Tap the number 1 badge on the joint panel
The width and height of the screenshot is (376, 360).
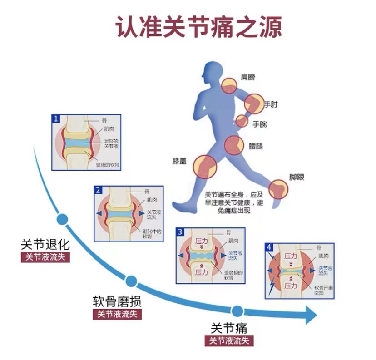56,118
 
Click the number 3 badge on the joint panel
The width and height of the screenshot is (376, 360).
180,232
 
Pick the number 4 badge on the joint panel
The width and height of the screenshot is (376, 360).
269,247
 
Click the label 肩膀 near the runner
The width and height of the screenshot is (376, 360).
247,77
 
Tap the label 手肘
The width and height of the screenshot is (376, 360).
271,105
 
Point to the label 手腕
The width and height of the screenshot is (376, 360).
259,123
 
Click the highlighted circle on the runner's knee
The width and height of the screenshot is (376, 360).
204,166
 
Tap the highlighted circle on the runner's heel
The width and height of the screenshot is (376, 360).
278,189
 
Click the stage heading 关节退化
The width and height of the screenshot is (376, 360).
45,245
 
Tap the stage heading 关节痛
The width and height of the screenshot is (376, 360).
229,328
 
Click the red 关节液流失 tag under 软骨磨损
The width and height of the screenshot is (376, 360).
117,314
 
